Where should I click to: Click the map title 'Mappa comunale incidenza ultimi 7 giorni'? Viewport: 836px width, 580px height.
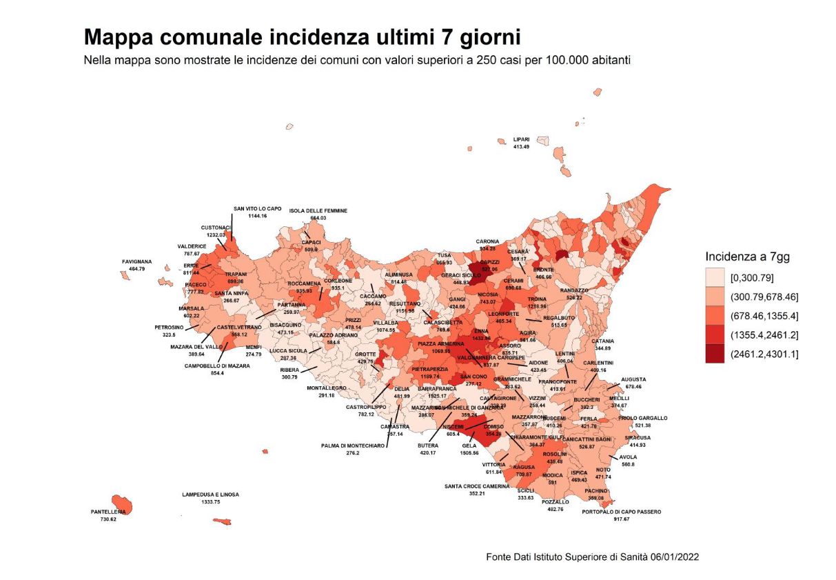point(302,37)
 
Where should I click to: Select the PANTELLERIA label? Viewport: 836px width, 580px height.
point(108,512)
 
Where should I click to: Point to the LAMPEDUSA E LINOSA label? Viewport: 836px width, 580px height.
point(210,494)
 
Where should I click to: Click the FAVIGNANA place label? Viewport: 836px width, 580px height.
point(136,261)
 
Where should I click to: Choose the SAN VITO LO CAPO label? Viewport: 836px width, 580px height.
point(257,208)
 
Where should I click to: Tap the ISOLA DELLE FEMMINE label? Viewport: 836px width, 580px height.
point(318,210)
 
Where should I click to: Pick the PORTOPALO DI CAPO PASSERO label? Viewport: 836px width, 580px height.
point(621,512)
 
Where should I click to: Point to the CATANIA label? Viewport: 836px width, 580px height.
point(602,341)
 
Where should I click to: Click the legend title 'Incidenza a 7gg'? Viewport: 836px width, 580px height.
point(747,257)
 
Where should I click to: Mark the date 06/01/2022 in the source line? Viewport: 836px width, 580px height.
point(673,556)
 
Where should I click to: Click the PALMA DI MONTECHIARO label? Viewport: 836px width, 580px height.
point(353,446)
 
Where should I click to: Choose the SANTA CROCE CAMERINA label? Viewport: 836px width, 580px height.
point(476,486)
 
